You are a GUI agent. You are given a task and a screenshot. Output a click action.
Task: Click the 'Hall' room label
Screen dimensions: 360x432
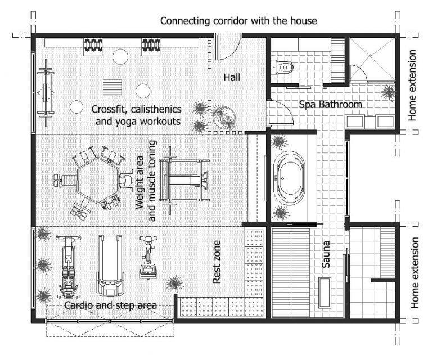(231, 77)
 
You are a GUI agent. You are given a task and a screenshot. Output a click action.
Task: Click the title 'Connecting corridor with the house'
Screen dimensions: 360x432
(238, 21)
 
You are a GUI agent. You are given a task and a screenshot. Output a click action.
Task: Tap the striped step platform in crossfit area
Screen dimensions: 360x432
(112, 88)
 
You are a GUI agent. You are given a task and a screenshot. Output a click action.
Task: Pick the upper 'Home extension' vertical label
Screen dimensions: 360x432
(413, 85)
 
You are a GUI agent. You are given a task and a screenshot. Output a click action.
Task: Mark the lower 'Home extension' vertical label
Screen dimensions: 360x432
(415, 272)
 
